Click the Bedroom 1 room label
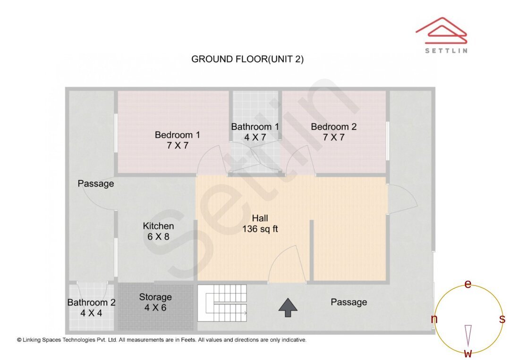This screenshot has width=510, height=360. (x=177, y=140)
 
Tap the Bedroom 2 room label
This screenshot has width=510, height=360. (x=333, y=132)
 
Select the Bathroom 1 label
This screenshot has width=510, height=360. (x=255, y=132)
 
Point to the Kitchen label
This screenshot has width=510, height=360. (x=158, y=231)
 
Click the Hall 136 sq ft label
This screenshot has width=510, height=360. (x=260, y=224)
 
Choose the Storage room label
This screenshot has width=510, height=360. (x=155, y=302)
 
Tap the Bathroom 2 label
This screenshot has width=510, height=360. (x=91, y=307)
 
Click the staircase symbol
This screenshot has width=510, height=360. (x=222, y=303)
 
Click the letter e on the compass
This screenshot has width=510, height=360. (x=468, y=284)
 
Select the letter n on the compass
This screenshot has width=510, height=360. (x=434, y=319)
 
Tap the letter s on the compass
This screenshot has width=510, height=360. (x=502, y=319)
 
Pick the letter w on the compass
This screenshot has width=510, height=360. (x=468, y=353)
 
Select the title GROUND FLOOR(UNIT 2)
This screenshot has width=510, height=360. (x=247, y=59)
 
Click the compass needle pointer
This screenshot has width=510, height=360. (x=468, y=334)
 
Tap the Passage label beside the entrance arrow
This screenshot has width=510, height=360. (x=348, y=302)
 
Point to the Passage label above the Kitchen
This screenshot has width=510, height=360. (x=96, y=184)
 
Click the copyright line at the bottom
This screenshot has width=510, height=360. (x=161, y=340)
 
